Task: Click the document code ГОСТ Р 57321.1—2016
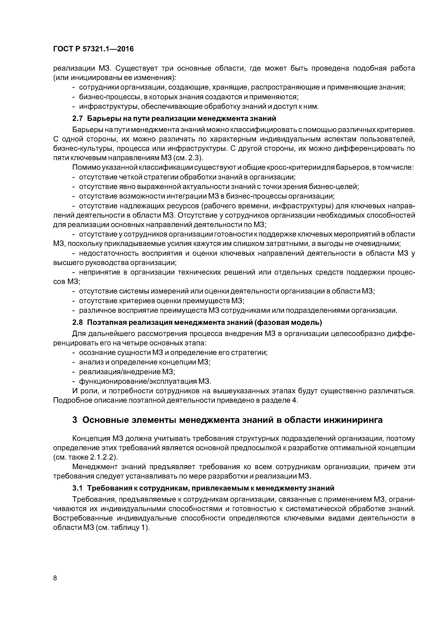point(93,49)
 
